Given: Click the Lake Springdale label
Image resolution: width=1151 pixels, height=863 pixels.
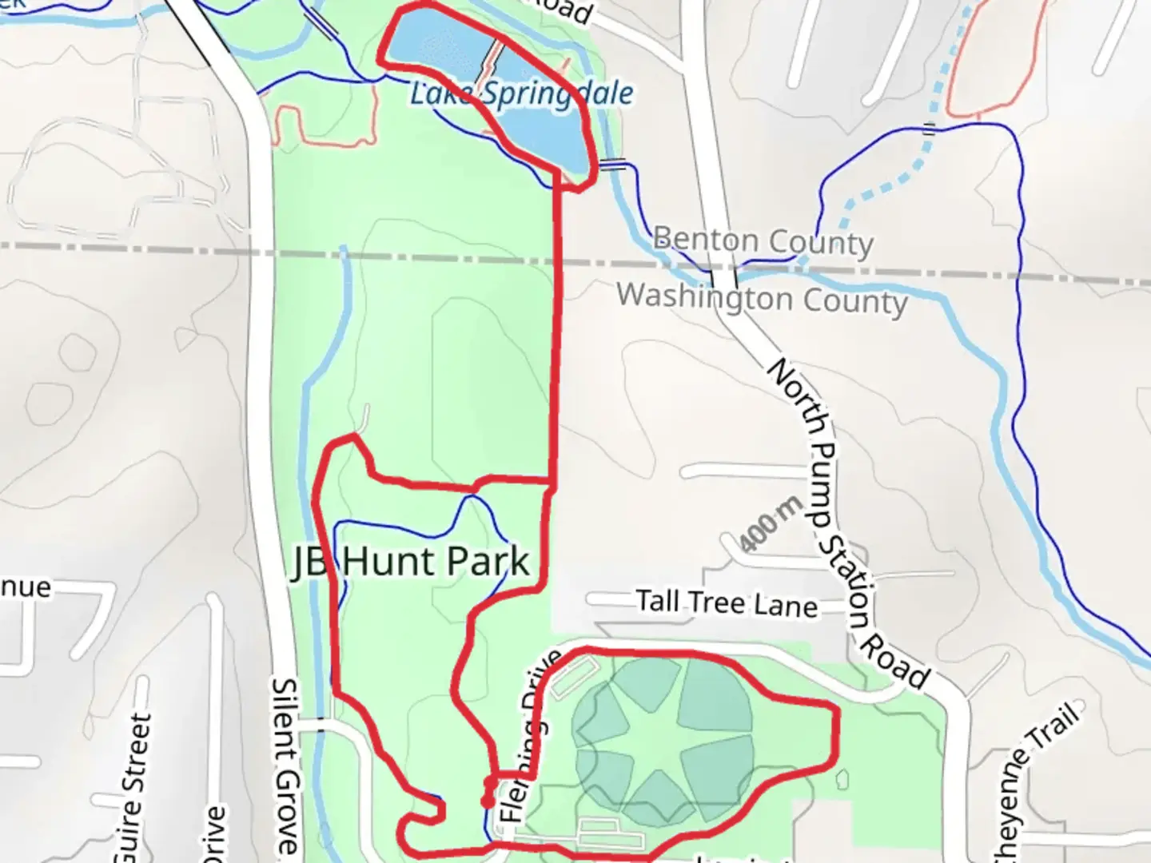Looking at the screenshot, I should (521, 93).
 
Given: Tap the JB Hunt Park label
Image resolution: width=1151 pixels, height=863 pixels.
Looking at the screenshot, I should (410, 561).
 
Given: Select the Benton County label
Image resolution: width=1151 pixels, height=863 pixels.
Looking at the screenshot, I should (763, 241).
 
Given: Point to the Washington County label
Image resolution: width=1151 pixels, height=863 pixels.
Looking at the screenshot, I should (762, 298).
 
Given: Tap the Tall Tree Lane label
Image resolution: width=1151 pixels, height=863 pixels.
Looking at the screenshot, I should (727, 603).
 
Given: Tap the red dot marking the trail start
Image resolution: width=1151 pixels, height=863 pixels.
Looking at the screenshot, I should (486, 801).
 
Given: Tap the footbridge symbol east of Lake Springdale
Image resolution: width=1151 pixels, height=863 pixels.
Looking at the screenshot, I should (614, 165).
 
